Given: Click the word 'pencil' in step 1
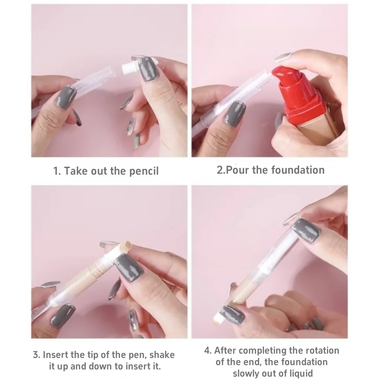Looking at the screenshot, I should [142, 171].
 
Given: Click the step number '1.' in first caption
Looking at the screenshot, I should [57, 171].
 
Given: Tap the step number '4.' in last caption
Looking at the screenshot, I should [208, 350].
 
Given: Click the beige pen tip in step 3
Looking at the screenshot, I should [125, 248].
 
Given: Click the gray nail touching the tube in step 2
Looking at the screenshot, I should [235, 113].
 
